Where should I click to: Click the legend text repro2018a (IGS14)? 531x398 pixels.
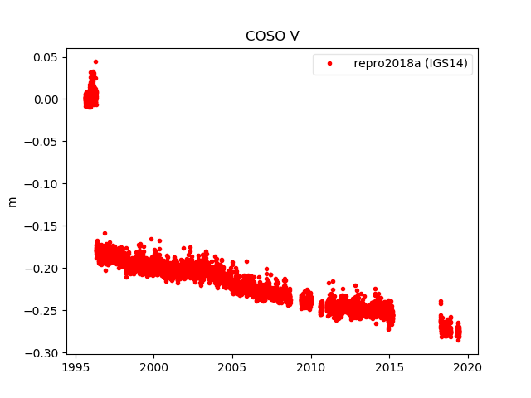(x=412, y=64)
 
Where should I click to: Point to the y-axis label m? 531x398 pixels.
(x=12, y=201)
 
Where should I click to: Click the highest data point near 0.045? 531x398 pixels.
(x=95, y=61)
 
